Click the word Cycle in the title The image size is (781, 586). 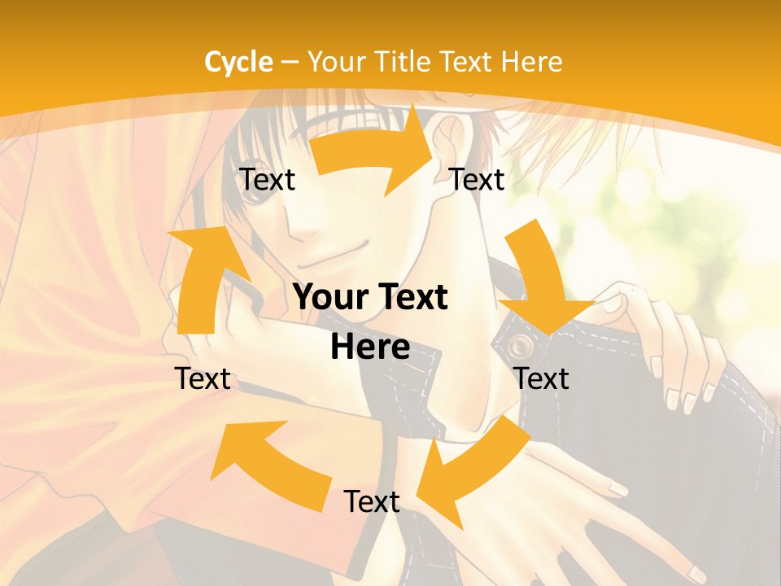pyautogui.click(x=238, y=62)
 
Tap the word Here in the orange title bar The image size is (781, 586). pyautogui.click(x=531, y=62)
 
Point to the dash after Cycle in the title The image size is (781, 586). pyautogui.click(x=290, y=63)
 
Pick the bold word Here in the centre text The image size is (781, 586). pyautogui.click(x=370, y=347)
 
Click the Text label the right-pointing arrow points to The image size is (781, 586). pyautogui.click(x=477, y=179)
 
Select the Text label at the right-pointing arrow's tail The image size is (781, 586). pyautogui.click(x=267, y=179)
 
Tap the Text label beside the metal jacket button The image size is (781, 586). pyautogui.click(x=542, y=378)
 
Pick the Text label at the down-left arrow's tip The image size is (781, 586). pyautogui.click(x=371, y=501)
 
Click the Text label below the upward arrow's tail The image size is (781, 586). pyautogui.click(x=203, y=378)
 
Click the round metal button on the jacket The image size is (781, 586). pyautogui.click(x=518, y=348)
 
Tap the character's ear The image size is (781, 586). pyautogui.click(x=451, y=143)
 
